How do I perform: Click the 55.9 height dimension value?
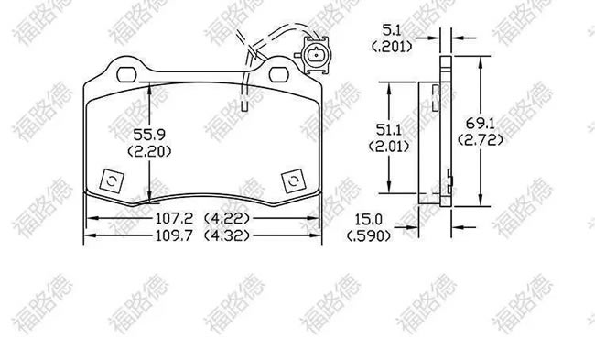[149, 135]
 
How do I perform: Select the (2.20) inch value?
[149, 151]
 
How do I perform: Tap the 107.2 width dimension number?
[174, 218]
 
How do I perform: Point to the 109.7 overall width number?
[174, 235]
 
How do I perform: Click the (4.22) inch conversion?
[227, 218]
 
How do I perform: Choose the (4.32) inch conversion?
[227, 235]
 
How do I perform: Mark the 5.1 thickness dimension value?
[392, 30]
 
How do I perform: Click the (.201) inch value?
[392, 47]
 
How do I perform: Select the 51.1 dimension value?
[388, 130]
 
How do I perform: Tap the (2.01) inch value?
[389, 147]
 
